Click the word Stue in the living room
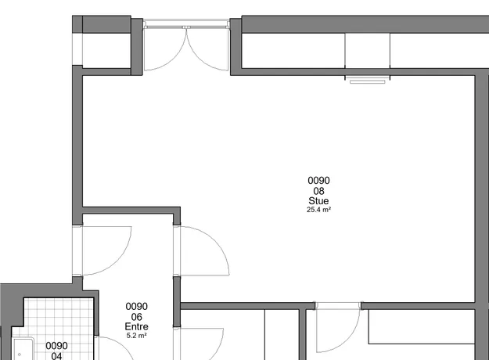click(x=318, y=200)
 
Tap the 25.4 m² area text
click(x=318, y=210)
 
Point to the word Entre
click(x=136, y=326)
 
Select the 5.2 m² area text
click(x=136, y=336)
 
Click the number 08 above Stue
click(x=318, y=191)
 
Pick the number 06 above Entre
click(x=136, y=317)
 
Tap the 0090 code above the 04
click(x=56, y=346)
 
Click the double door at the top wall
click(x=186, y=45)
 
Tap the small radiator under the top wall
click(x=368, y=81)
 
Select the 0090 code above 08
click(x=318, y=181)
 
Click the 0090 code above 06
click(x=136, y=306)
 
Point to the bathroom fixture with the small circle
click(x=23, y=349)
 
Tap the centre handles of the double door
click(x=186, y=27)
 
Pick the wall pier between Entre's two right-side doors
click(x=177, y=301)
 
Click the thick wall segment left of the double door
click(x=137, y=47)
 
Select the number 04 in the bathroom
click(x=56, y=356)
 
